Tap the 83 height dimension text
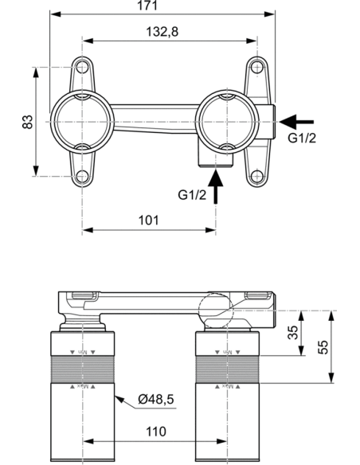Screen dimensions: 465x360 pos(26,122)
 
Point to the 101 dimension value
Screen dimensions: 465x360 pos(149,219)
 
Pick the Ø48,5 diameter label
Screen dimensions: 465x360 pos(152,399)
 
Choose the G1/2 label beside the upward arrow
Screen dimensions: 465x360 pos(194,193)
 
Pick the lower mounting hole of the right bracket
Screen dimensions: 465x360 pos(255,176)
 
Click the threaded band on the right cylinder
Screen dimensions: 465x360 pos(228,369)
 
